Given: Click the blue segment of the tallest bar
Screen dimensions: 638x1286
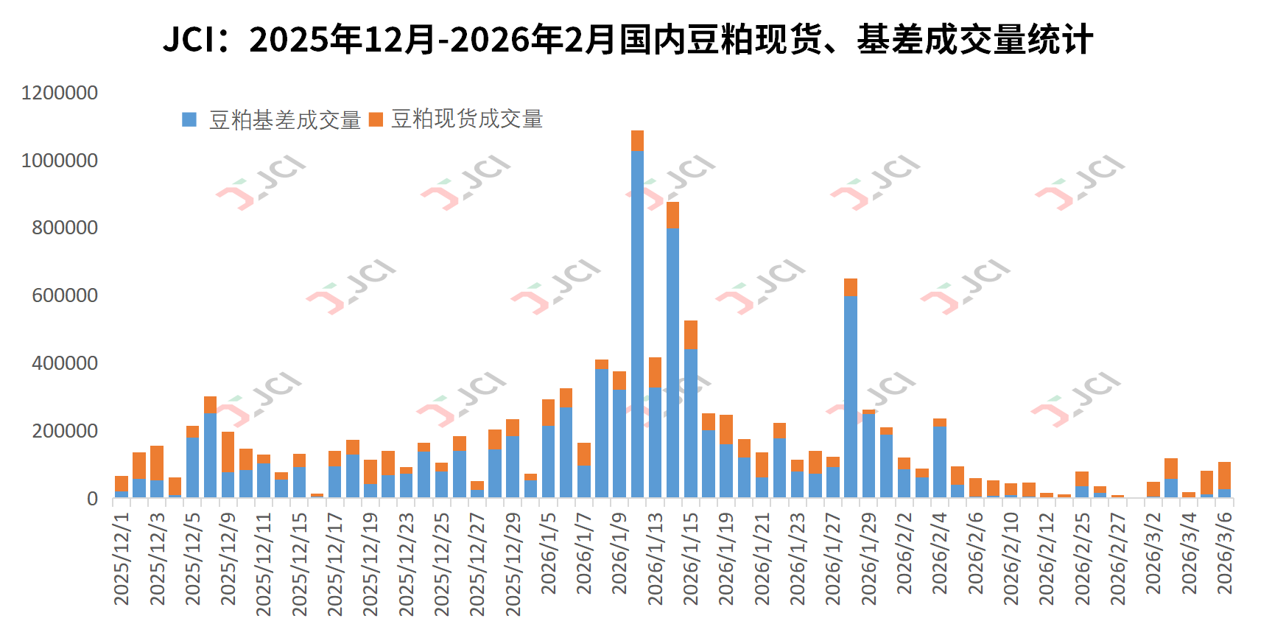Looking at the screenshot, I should (x=637, y=324).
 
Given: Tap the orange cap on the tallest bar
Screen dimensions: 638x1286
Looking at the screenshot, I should (x=637, y=141).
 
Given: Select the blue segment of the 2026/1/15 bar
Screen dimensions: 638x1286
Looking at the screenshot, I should (x=691, y=424).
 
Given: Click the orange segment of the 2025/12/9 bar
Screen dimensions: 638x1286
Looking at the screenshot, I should (x=228, y=452).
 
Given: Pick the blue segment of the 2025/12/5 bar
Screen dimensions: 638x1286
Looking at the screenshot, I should (x=192, y=467).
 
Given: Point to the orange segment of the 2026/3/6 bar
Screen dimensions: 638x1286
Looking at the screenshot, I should (x=1224, y=475).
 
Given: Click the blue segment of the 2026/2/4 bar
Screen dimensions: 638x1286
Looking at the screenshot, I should (x=940, y=462).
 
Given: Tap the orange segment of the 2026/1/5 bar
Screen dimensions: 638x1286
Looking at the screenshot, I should (x=548, y=412).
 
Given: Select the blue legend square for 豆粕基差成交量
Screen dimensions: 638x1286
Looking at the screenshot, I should (x=189, y=119).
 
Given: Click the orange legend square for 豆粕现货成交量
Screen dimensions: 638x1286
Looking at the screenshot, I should (x=376, y=119).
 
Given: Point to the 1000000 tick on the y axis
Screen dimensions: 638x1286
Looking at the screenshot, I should (x=60, y=161).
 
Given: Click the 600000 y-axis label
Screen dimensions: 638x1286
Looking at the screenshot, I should (x=65, y=296).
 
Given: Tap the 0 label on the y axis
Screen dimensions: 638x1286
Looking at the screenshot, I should (x=92, y=499).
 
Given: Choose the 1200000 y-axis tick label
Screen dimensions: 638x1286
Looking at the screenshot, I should (x=60, y=94).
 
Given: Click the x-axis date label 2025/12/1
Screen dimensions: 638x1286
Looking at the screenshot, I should (x=122, y=558).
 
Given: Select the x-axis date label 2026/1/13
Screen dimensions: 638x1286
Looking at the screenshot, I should (x=655, y=558).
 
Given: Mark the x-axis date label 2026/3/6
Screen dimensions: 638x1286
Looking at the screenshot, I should (x=1224, y=553).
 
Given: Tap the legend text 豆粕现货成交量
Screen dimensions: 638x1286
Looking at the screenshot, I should (x=467, y=119).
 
